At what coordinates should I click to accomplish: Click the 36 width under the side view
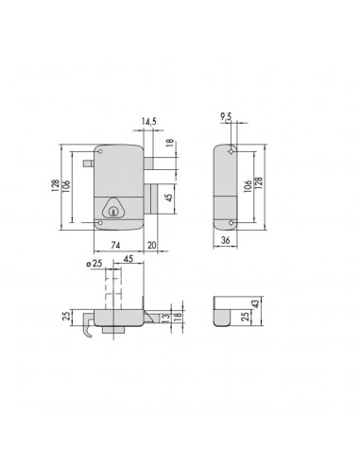(x=227, y=241)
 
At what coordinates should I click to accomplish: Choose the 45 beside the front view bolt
(x=168, y=198)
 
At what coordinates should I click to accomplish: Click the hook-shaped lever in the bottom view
(x=87, y=328)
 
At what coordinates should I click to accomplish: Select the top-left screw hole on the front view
(x=100, y=151)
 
